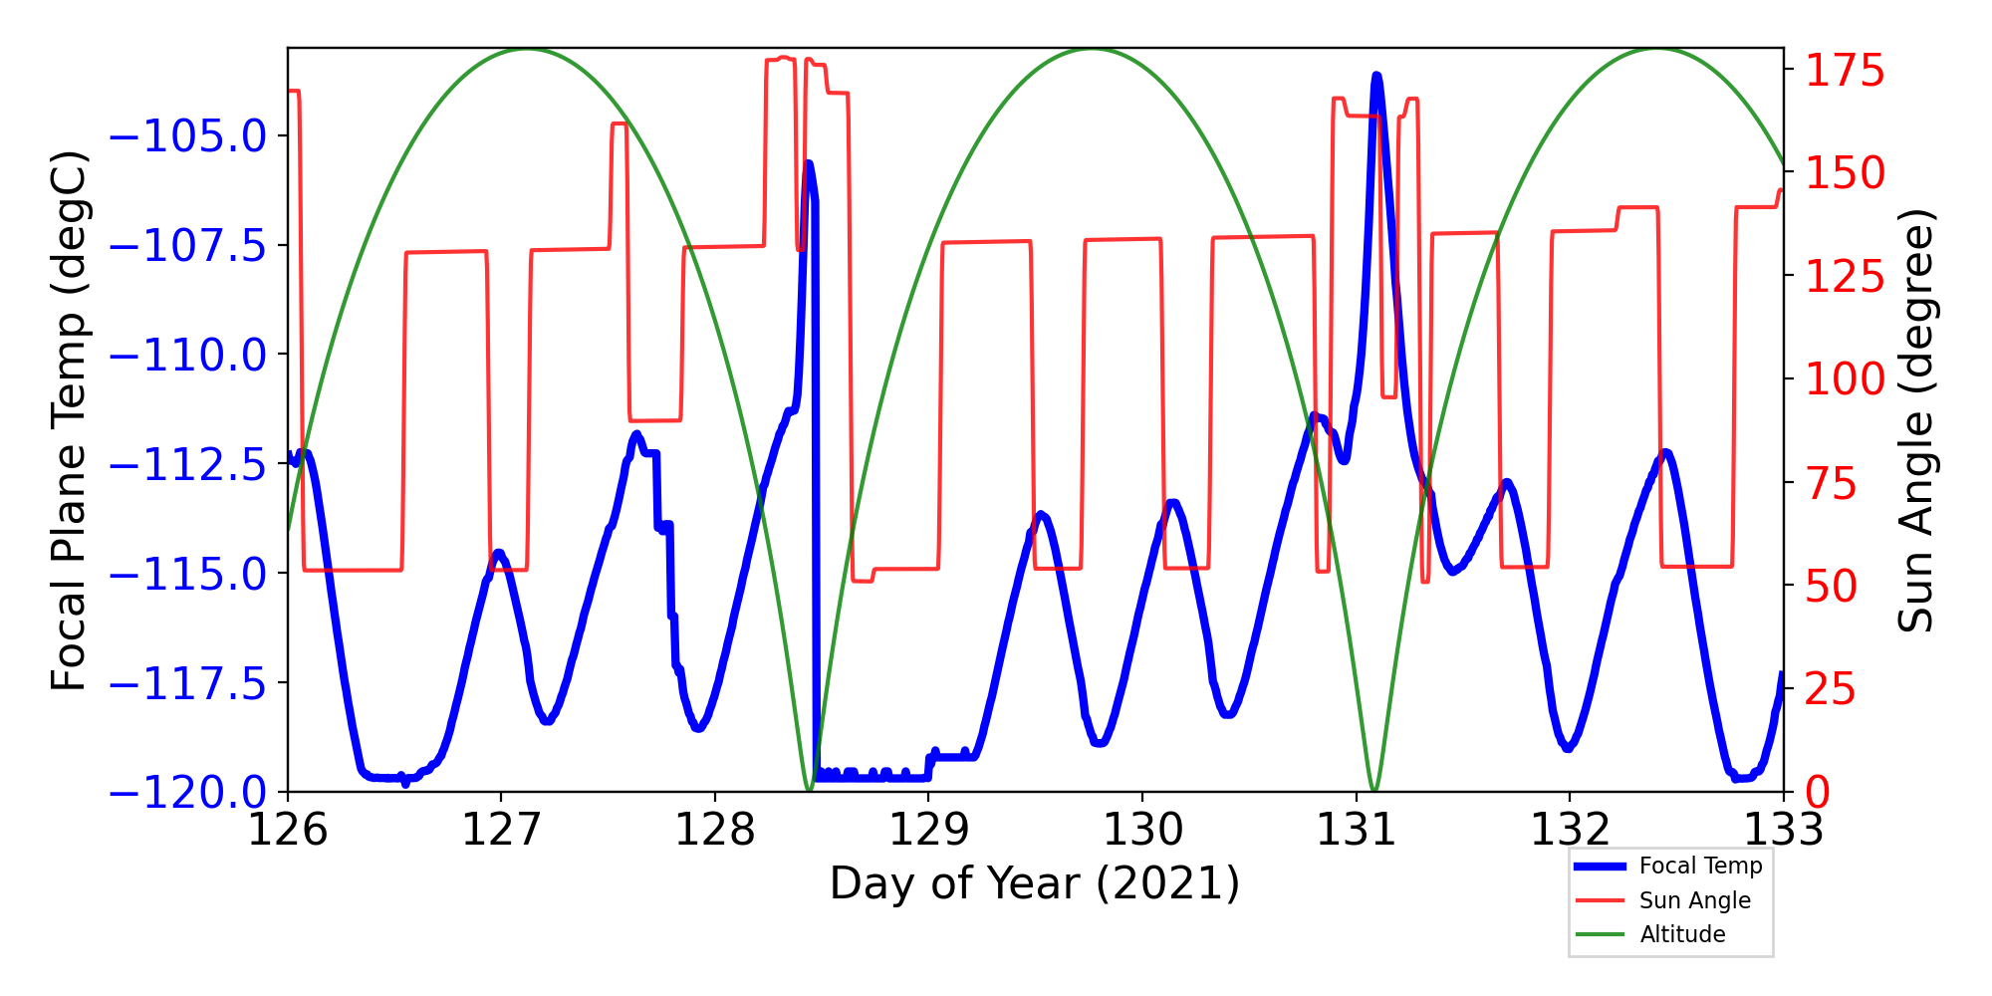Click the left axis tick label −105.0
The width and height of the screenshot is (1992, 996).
point(188,136)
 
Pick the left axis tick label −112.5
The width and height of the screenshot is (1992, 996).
point(188,465)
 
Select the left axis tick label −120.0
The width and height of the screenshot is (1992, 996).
point(188,794)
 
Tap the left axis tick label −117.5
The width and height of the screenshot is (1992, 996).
point(188,684)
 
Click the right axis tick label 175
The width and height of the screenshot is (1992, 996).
point(1846,71)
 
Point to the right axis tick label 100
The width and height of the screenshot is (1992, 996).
point(1846,379)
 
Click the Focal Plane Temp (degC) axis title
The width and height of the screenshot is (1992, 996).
point(70,420)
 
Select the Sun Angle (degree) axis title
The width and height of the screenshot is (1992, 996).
point(1914,420)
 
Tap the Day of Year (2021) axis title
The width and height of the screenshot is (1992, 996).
point(1035,883)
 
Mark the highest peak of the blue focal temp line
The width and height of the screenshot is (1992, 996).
point(1376,76)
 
